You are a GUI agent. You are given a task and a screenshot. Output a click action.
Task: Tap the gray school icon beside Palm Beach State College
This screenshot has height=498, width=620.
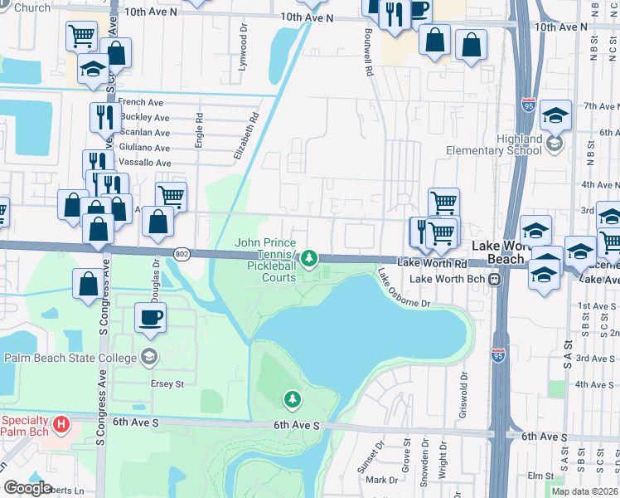(x=149, y=358)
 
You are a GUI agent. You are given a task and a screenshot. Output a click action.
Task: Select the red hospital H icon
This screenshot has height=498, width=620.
(x=61, y=425)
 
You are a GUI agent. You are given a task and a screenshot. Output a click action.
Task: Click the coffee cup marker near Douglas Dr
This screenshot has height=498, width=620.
(x=151, y=318)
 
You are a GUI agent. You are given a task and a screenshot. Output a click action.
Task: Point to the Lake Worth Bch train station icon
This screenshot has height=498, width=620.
(x=495, y=280)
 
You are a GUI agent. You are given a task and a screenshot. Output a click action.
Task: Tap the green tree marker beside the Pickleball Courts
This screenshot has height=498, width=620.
(x=309, y=259)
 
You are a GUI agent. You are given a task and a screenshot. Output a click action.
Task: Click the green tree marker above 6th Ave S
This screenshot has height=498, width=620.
(x=292, y=400)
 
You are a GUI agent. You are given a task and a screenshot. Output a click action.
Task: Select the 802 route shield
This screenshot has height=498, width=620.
(x=183, y=252)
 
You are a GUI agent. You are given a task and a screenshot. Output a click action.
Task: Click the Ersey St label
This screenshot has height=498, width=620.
(x=167, y=384)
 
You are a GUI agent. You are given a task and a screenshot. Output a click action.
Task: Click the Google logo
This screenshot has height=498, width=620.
(x=27, y=488)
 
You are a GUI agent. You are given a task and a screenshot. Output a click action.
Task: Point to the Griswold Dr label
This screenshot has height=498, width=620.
(x=463, y=399)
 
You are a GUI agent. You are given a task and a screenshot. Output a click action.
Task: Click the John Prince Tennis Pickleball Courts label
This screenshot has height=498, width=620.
(x=265, y=260)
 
